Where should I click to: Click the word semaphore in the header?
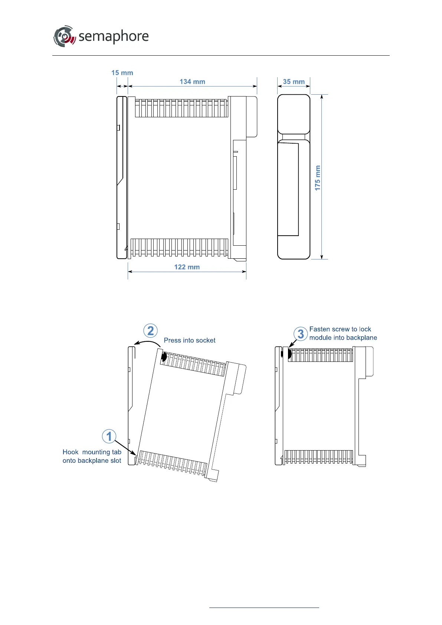pyautogui.click(x=114, y=36)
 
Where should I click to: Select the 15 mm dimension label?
pyautogui.click(x=122, y=73)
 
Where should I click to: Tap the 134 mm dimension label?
pyautogui.click(x=192, y=82)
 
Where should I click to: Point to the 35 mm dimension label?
pyautogui.click(x=294, y=82)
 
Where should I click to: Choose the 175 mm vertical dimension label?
pyautogui.click(x=317, y=178)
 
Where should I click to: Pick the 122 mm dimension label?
pyautogui.click(x=187, y=267)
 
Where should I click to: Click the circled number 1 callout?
pyautogui.click(x=109, y=436)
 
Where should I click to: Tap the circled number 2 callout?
pyautogui.click(x=151, y=331)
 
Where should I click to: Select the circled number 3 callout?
pyautogui.click(x=301, y=334)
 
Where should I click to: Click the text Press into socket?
pyautogui.click(x=190, y=340)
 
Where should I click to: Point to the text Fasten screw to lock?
pyautogui.click(x=340, y=329)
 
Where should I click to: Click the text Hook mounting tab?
pyautogui.click(x=92, y=452)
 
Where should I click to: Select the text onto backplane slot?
pyautogui.click(x=92, y=461)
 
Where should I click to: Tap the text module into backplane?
pyautogui.click(x=343, y=338)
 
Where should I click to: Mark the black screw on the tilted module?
pyautogui.click(x=164, y=357)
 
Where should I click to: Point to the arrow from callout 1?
pyautogui.click(x=125, y=447)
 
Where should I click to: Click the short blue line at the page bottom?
pyautogui.click(x=264, y=608)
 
